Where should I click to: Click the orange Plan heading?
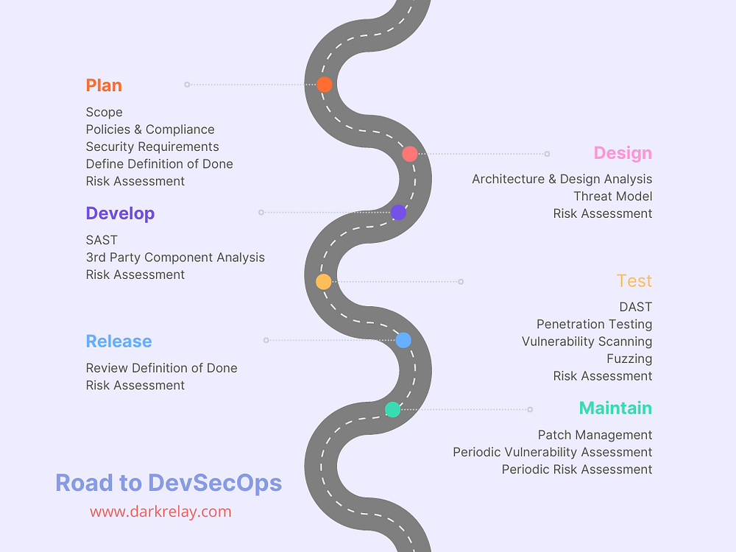(x=104, y=85)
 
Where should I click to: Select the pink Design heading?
(x=623, y=153)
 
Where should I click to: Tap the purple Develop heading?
(x=120, y=213)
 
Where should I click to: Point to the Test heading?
(x=634, y=281)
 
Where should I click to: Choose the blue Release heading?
(x=118, y=342)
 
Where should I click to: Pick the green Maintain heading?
(x=615, y=408)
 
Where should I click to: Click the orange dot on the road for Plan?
(x=325, y=84)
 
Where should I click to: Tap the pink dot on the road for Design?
(x=410, y=154)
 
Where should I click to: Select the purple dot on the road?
(x=398, y=213)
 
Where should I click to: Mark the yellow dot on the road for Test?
(x=324, y=281)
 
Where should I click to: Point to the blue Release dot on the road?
(x=403, y=340)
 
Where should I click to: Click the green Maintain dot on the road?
(x=393, y=409)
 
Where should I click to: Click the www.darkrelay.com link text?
(x=160, y=512)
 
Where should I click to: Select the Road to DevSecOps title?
(x=169, y=483)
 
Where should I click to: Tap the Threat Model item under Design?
(x=612, y=196)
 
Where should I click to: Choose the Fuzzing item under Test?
(x=629, y=358)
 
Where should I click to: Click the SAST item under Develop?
(x=102, y=240)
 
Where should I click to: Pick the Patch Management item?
(x=595, y=435)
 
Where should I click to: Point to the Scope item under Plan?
(x=105, y=112)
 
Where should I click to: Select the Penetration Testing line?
(x=594, y=324)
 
